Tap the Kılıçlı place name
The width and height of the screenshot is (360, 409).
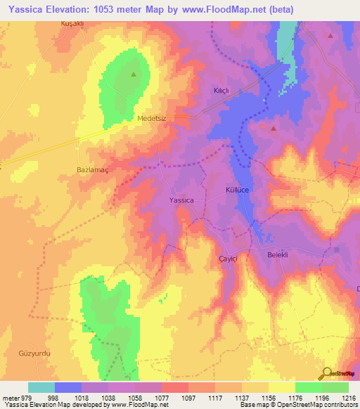(x=222, y=91)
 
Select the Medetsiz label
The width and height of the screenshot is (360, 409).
(x=152, y=119)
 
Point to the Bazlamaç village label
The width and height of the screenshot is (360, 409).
(x=91, y=169)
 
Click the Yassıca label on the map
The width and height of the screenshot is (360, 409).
(x=181, y=200)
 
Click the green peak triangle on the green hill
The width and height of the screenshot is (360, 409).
(x=134, y=72)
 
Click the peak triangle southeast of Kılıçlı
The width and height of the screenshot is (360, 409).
(x=274, y=129)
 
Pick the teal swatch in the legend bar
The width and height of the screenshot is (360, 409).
(x=41, y=387)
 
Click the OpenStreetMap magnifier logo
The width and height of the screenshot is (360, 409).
(x=326, y=373)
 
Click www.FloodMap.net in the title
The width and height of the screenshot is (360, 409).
(x=226, y=9)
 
